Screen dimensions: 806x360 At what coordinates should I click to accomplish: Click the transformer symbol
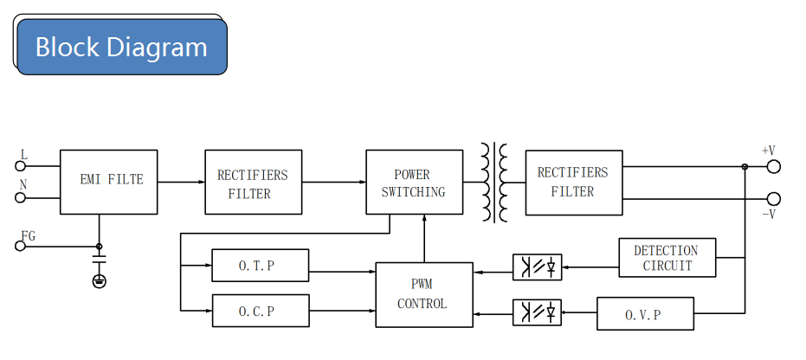tap(494, 183)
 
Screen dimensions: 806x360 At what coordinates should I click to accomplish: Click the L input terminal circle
tap(20, 166)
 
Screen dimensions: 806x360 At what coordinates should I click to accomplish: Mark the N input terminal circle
tap(20, 197)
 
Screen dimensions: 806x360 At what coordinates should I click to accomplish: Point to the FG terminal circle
tap(20, 246)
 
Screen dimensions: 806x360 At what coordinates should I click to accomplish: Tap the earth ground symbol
tap(100, 281)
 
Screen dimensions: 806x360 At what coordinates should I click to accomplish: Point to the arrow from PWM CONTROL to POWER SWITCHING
tap(424, 238)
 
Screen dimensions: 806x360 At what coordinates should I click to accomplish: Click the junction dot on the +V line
tap(745, 166)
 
